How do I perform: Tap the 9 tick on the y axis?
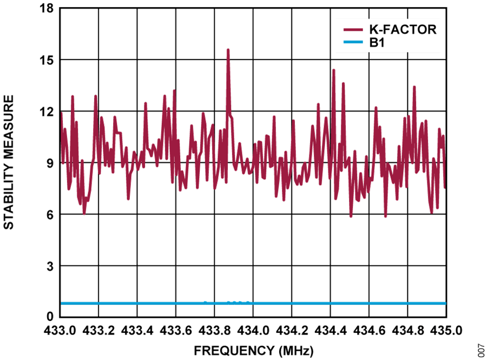tap(50, 163)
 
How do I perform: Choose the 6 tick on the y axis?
tap(50, 214)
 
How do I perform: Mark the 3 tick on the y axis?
tap(50, 265)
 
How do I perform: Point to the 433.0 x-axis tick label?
tap(61, 330)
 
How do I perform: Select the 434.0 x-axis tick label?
tap(253, 330)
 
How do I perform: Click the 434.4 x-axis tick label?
tap(330, 330)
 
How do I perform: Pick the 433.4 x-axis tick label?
tap(137, 330)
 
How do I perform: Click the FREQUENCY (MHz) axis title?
tap(253, 350)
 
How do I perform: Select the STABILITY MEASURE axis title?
tap(9, 162)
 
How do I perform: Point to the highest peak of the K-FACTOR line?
tap(228, 49)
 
